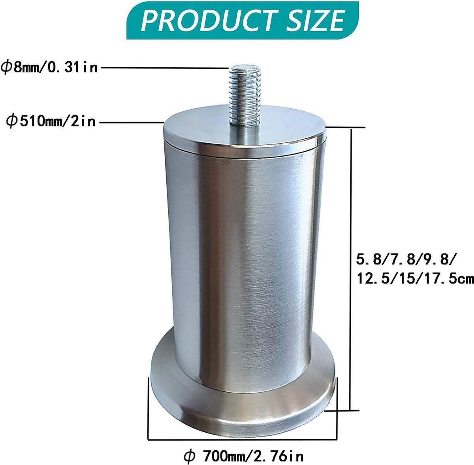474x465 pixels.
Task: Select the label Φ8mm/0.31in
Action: point(50,67)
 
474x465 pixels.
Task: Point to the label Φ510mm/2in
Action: point(51,121)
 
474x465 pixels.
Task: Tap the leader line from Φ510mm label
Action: point(132,122)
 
